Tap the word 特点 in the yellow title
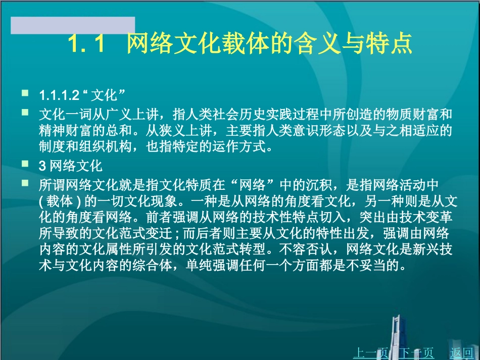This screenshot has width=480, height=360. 387,44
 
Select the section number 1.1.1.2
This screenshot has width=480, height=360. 60,95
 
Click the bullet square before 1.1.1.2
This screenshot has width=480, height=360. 25,94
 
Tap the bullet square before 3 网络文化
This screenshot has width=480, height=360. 25,164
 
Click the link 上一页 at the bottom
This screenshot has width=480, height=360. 369,353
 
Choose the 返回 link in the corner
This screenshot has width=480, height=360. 461,353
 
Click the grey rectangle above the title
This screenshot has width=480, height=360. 73,25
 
